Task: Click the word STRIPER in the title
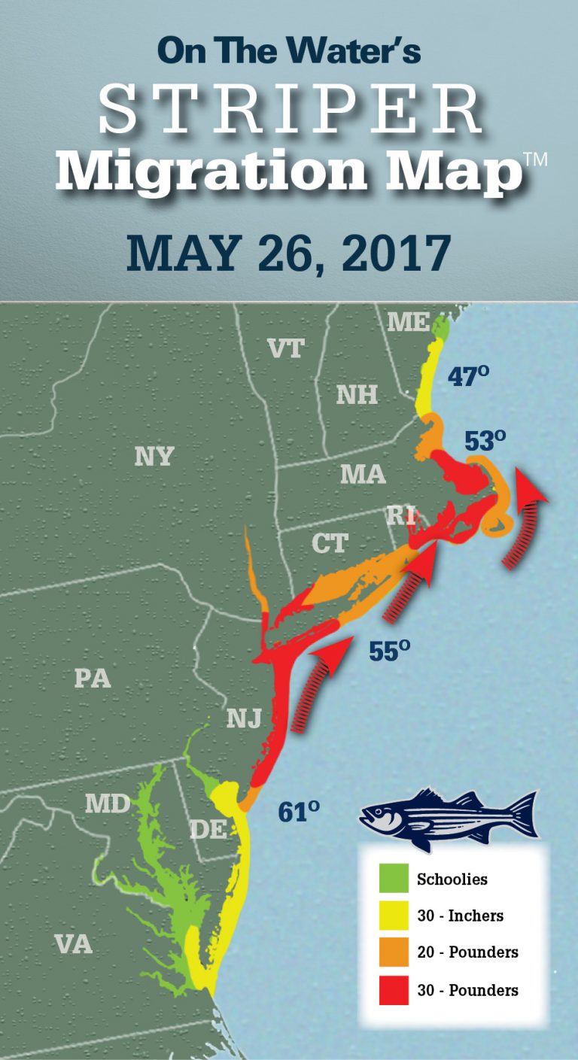point(290,111)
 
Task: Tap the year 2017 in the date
point(396,254)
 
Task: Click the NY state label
point(154,456)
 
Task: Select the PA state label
point(93,678)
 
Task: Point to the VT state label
point(286,348)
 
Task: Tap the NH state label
point(357,394)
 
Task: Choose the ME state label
point(409,322)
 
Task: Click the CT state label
point(330,543)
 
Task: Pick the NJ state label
point(244,719)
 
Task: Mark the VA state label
point(73,943)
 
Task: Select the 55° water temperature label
point(389,651)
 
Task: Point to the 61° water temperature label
point(298,811)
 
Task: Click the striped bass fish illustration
point(449,816)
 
